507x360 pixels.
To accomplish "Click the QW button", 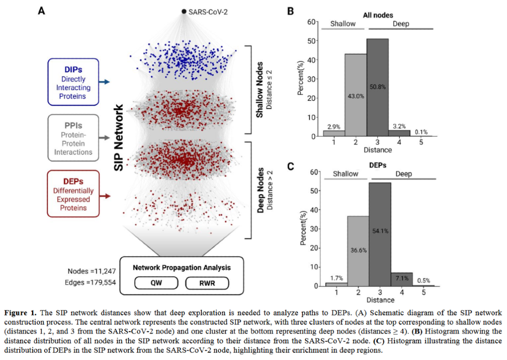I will [156, 283].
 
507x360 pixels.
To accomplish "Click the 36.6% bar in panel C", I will [358, 251].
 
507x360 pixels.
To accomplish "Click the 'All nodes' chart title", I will [378, 15].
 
